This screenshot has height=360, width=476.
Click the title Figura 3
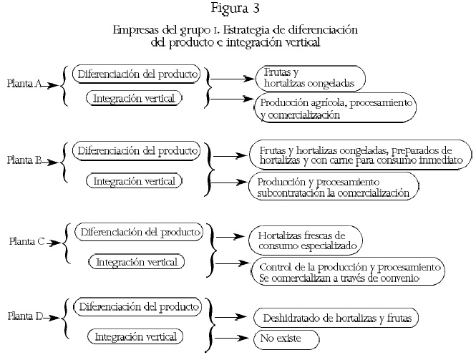tap(238, 9)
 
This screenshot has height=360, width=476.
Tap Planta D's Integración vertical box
tap(134, 336)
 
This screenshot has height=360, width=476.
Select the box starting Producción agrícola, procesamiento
tap(336, 108)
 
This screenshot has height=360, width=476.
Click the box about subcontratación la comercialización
tap(332, 187)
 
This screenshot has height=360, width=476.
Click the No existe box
tap(285, 338)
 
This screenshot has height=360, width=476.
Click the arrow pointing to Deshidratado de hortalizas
tap(233, 313)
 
